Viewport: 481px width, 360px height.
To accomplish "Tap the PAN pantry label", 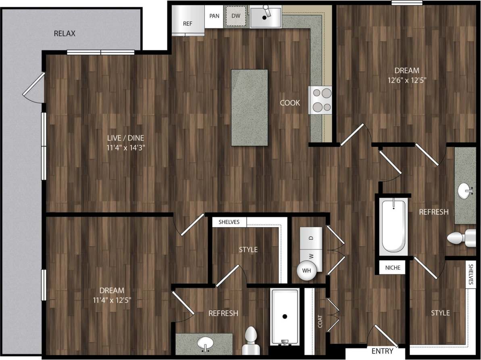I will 214,16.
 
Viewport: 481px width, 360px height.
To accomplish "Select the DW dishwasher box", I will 236,16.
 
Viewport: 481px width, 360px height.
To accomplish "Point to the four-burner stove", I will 321,100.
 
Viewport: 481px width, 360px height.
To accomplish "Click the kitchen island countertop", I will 249,107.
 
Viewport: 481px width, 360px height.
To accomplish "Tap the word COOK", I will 290,103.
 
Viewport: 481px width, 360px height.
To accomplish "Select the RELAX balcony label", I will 65,33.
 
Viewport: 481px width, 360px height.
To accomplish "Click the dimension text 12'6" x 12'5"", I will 406,80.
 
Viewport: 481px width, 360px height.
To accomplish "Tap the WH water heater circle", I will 306,271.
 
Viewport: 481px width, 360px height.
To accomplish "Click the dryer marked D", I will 311,238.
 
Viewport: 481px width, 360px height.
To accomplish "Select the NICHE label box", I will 393,267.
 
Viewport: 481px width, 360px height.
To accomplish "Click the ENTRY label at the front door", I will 382,351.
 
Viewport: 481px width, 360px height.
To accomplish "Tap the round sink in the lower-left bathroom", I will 205,343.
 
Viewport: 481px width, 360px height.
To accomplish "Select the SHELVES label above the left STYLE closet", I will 229,222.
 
